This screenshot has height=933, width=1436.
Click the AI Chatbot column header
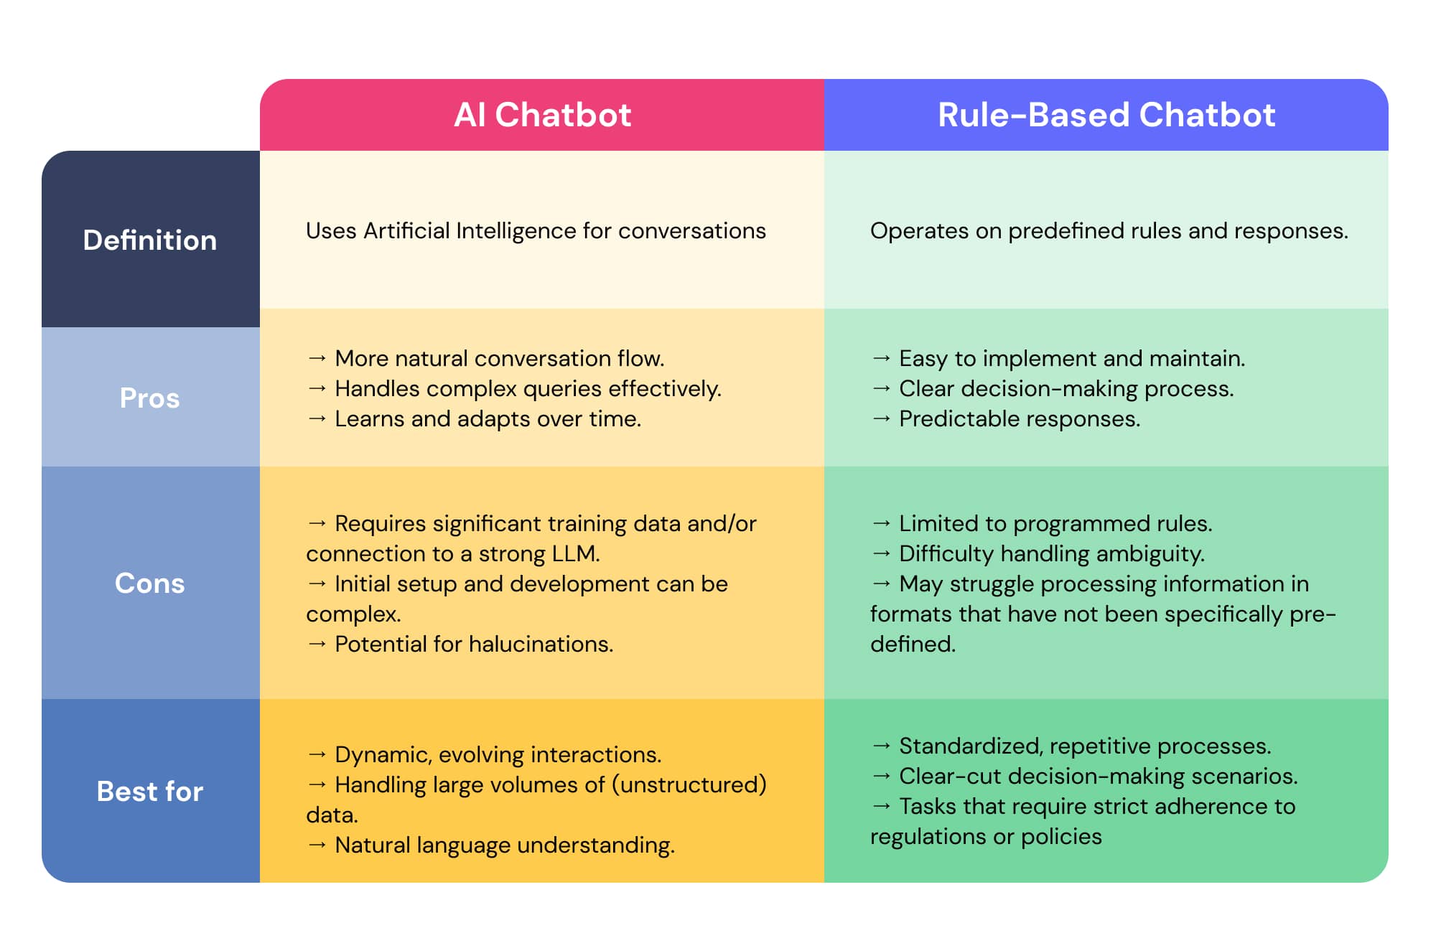coord(542,115)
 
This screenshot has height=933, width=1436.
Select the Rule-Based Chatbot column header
coord(1106,115)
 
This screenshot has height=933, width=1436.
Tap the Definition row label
coord(149,240)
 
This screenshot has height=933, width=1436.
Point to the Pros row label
coord(149,398)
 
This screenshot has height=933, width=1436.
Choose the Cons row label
coord(149,583)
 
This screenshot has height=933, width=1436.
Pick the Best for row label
coord(149,791)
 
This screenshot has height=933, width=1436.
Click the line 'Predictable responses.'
coord(1020,418)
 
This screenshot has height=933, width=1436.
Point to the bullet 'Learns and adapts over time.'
coord(488,418)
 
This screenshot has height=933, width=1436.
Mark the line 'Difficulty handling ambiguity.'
coord(1052,553)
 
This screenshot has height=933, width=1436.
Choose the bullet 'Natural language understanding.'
coord(505,845)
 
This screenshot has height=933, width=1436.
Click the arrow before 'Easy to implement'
coord(882,357)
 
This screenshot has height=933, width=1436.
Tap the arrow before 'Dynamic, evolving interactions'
coord(317,754)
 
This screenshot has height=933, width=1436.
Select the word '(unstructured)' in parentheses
coord(689,784)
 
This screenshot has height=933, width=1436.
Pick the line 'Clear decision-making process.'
coord(1066,388)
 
